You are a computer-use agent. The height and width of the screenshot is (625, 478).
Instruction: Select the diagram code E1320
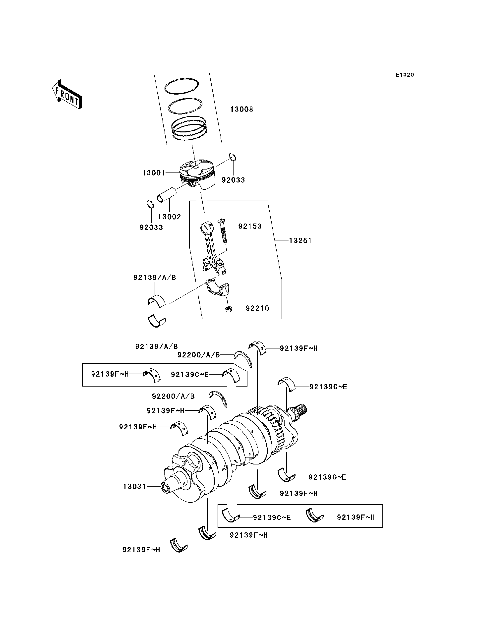pos(405,75)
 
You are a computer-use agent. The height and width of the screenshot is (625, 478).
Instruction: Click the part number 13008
pos(241,109)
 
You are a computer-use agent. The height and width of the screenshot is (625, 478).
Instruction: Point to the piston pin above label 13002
pos(167,195)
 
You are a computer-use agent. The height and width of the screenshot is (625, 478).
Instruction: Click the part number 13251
pos(300,241)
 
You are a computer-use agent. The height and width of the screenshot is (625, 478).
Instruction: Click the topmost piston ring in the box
pos(181,86)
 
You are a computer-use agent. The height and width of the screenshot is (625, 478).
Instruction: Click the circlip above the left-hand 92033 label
pos(150,205)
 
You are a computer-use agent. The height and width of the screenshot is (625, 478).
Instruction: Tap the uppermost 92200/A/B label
pos(199,355)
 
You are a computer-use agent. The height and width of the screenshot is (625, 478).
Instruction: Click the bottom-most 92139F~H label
pos(141,550)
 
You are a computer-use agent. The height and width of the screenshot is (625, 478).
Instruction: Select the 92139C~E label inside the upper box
pos(190,375)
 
